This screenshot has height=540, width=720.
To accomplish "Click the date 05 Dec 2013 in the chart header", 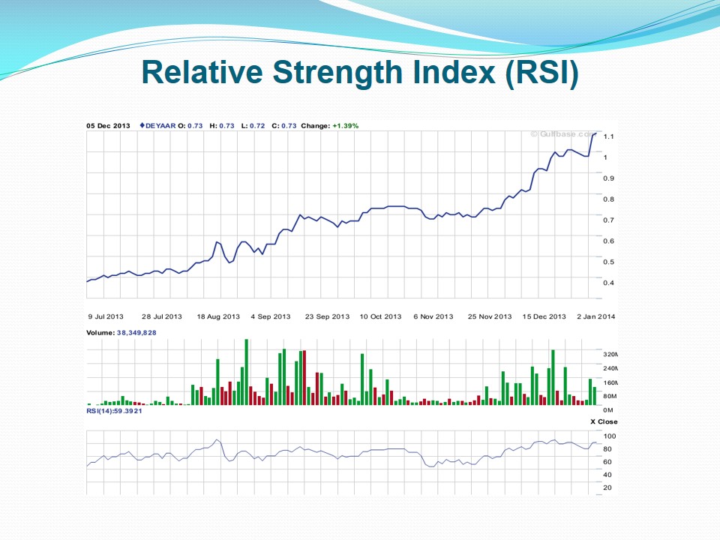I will [x=109, y=125].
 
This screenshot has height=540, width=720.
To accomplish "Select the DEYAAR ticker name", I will [x=159, y=125].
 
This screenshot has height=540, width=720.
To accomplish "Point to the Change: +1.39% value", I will [x=329, y=125].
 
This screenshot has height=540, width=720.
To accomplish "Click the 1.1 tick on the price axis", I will [x=607, y=136].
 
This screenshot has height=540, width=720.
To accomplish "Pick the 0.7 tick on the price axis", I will [x=607, y=220].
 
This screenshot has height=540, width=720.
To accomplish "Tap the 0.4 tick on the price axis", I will [x=607, y=283].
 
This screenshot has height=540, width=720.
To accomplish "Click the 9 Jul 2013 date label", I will [x=106, y=316].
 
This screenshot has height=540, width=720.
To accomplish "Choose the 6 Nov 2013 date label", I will [x=433, y=316].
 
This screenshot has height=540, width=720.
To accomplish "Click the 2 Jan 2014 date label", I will [x=596, y=316].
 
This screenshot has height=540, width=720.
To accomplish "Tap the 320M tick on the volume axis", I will [x=610, y=354].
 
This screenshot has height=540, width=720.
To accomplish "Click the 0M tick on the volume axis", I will [x=607, y=410].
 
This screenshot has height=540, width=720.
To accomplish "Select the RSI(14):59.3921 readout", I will [x=114, y=410].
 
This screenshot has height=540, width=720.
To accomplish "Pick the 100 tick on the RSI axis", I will [x=609, y=436].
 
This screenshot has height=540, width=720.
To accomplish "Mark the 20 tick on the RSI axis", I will [x=607, y=487].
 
